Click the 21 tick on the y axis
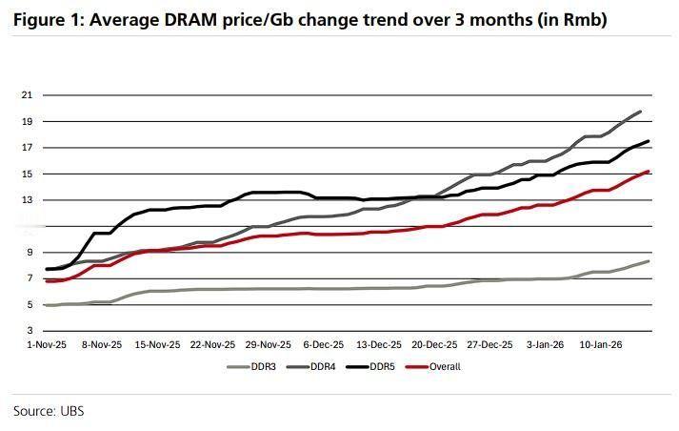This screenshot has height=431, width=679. [27, 95]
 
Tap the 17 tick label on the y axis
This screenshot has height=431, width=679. [27, 148]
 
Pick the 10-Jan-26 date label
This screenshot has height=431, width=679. [603, 345]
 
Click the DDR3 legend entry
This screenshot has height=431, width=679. [260, 366]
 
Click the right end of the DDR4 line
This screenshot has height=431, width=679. [640, 112]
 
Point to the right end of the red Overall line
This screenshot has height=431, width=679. [649, 172]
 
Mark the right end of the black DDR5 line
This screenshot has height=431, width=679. [649, 141]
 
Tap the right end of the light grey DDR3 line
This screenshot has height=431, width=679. [649, 261]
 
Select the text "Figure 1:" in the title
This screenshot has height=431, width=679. [44, 19]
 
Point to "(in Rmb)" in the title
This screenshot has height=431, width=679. [571, 19]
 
